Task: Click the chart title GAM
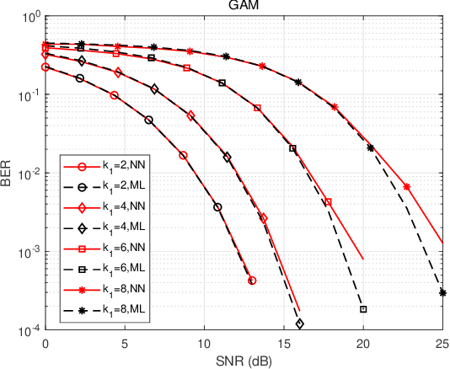coord(244,6)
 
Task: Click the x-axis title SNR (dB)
coord(244,361)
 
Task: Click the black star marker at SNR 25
coord(442,293)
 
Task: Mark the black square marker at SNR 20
coord(363,309)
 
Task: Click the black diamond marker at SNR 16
coord(300,324)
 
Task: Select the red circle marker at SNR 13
coord(252,281)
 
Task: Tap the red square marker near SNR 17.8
coord(328,202)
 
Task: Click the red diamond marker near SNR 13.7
coord(264,217)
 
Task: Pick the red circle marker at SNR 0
coord(46,67)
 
